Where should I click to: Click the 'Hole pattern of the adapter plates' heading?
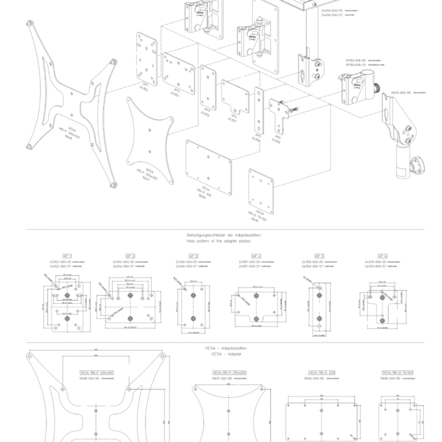[224, 238]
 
